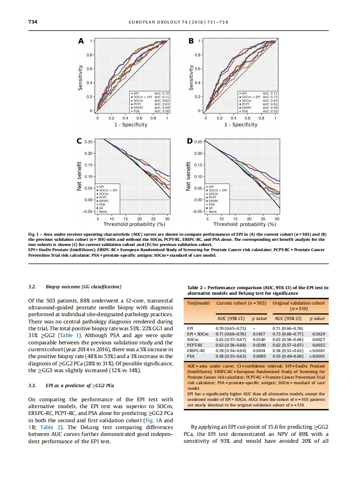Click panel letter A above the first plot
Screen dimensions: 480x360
point(80,41)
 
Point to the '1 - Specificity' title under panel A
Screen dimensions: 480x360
point(131,125)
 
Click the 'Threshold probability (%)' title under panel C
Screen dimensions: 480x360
point(134,224)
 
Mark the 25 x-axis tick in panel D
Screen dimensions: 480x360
point(263,219)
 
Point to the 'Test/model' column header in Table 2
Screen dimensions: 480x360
point(198,303)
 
